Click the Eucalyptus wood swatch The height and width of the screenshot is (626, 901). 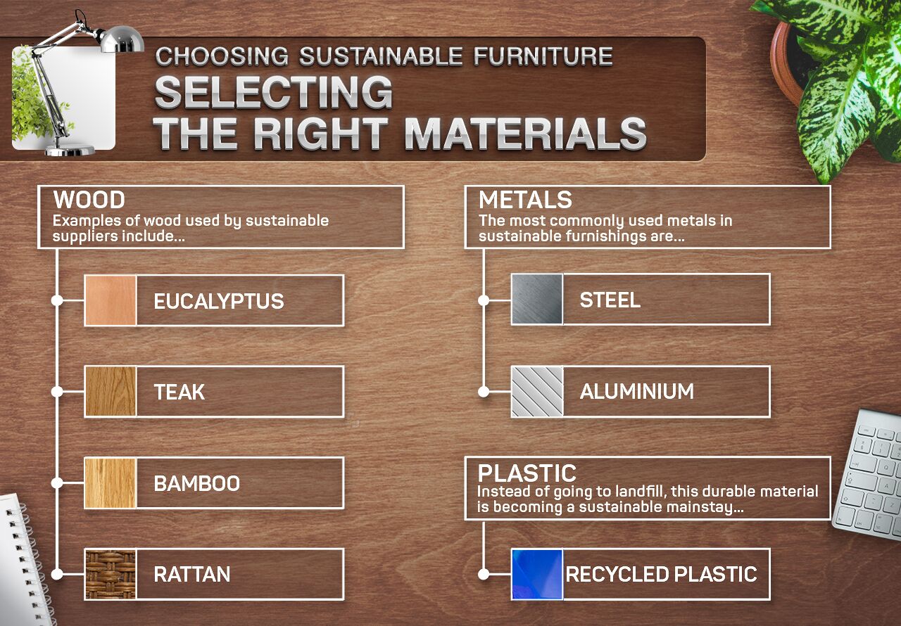111,300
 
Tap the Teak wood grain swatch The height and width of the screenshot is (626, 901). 111,391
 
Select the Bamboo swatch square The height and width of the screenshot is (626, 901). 111,483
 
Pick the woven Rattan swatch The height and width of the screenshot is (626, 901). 111,574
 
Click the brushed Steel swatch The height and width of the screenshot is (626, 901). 537,299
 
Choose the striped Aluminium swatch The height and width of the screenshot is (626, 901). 537,391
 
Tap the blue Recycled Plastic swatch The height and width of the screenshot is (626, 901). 537,574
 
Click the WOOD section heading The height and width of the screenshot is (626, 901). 89,200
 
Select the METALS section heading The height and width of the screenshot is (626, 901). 525,200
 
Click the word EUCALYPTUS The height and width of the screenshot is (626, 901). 219,302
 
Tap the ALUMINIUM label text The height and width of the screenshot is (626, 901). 637,392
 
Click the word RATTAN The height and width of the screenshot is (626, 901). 192,575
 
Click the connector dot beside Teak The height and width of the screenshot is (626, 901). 58,391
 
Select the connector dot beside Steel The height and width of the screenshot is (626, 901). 484,300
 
